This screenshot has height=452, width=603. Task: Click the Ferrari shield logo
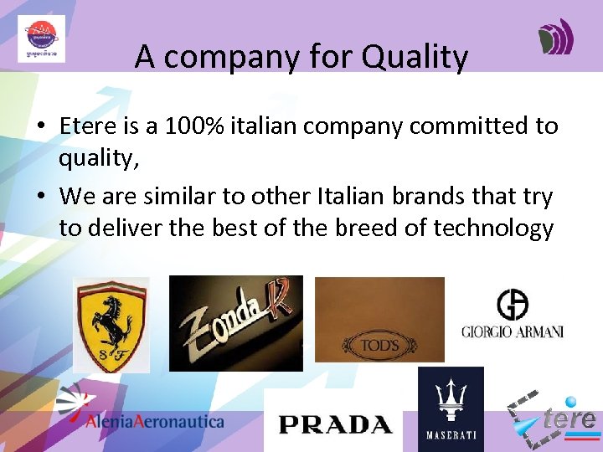[111, 325]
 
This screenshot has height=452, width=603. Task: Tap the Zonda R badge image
[235, 323]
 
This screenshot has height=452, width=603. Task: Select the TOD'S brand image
[379, 320]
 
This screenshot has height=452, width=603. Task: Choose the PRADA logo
[334, 424]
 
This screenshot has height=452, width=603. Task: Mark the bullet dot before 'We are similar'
[40, 198]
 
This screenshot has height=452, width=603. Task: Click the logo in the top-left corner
[41, 39]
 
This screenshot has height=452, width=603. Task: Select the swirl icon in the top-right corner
[555, 37]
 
